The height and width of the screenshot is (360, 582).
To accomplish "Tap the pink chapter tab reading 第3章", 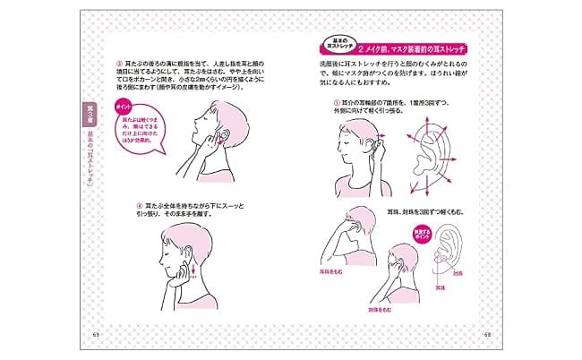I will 90,112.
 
